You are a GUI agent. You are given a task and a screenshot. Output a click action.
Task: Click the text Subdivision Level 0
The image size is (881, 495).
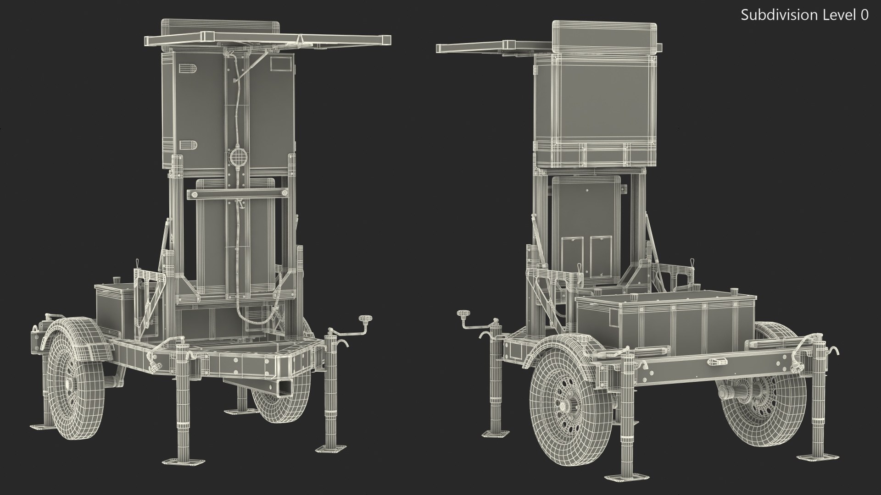click(804, 15)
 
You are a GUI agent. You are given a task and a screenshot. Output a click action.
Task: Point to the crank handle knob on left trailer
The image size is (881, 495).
click(365, 318)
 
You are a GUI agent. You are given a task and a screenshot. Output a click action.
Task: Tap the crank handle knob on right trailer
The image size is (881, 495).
click(462, 313)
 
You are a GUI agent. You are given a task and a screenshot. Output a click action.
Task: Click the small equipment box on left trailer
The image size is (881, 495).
click(115, 305)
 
